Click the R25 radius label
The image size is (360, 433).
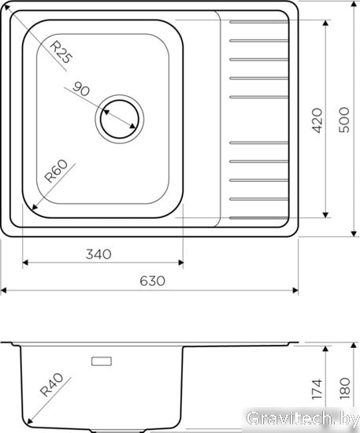[62, 52]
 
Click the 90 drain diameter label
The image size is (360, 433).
[81, 89]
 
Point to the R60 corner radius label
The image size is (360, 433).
[56, 171]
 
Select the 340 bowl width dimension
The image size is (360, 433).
[98, 254]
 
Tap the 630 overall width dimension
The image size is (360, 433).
[152, 281]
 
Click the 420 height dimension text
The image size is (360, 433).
[317, 120]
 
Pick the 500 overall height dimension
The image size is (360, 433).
[344, 120]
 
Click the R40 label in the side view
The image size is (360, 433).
[52, 385]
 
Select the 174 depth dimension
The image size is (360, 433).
[317, 390]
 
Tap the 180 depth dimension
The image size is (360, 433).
[345, 389]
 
